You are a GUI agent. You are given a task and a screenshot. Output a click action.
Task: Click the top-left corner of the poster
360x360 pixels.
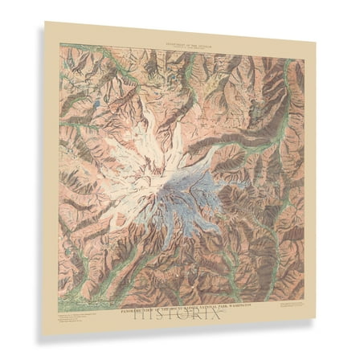[45, 22]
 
